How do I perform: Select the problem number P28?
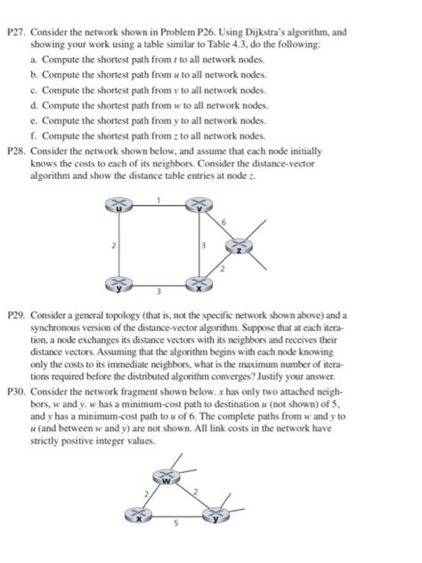point(17,151)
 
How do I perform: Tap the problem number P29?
point(17,316)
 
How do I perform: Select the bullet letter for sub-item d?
point(34,106)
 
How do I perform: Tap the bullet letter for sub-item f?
point(34,136)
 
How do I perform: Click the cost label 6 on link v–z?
point(226,220)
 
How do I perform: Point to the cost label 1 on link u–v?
point(158,199)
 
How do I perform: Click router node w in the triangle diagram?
point(166,481)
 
